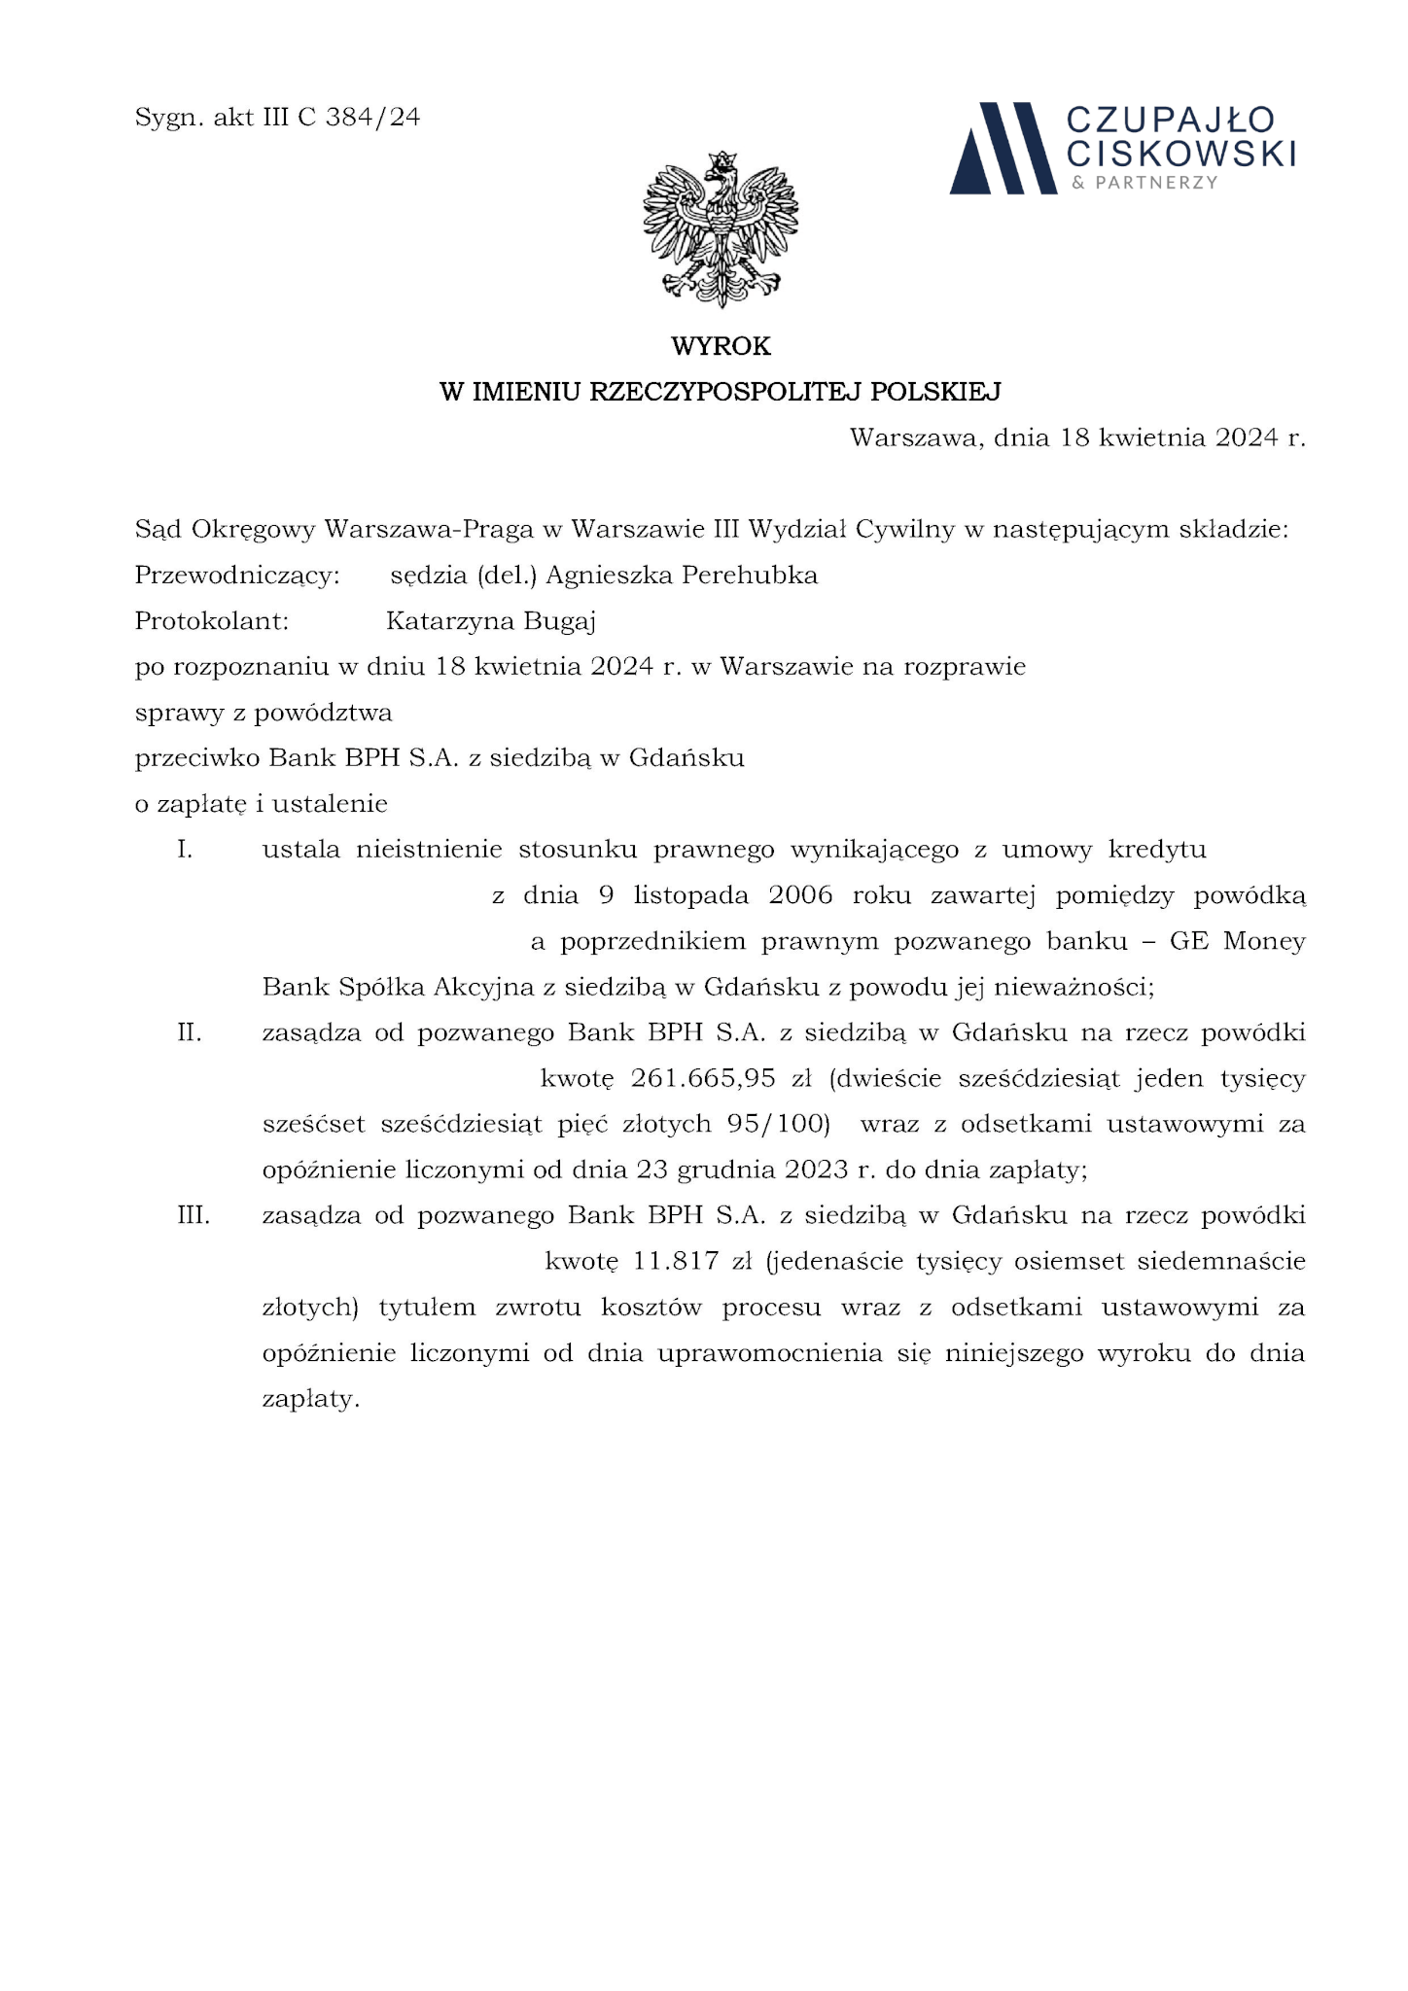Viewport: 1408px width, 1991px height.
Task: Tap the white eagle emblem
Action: [721, 229]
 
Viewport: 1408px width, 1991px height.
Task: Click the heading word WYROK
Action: [721, 346]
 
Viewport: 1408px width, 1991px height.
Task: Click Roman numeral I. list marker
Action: [185, 850]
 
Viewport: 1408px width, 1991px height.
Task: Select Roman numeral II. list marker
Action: [190, 1032]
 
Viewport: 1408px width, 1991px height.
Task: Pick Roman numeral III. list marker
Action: [194, 1215]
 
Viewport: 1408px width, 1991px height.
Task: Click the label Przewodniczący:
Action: [237, 576]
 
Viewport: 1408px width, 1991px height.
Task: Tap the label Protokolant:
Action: [212, 621]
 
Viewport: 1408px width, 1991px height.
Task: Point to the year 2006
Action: [800, 895]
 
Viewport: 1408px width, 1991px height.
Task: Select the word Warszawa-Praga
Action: [429, 530]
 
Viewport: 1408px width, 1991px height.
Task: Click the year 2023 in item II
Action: [816, 1170]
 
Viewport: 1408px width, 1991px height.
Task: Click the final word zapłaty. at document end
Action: [311, 1400]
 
